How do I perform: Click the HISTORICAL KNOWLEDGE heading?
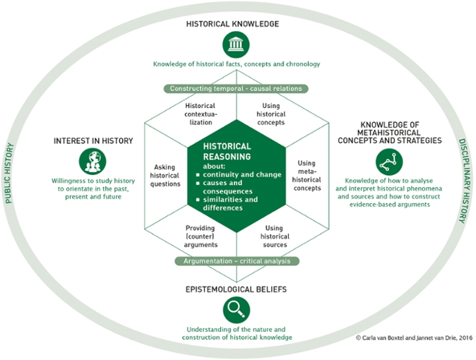point(232,23)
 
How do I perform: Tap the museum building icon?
point(235,45)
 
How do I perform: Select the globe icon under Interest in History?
point(93,162)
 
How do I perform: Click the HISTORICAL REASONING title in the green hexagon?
point(227,151)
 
